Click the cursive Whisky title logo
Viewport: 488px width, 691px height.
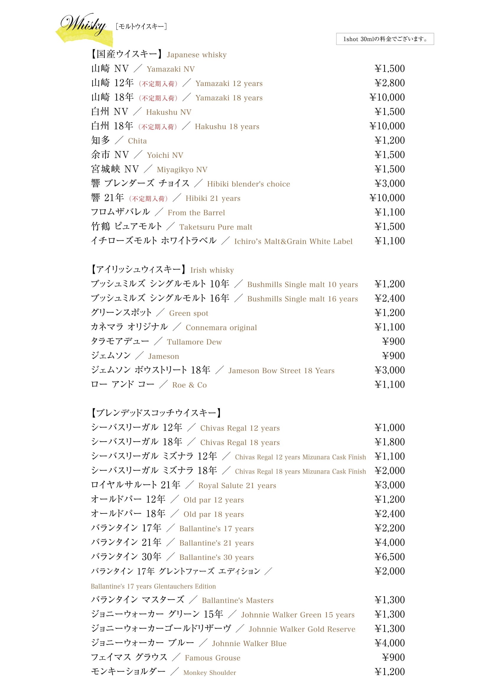tap(84, 25)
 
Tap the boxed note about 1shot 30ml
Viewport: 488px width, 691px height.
tap(385, 39)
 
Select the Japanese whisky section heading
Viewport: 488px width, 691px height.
tap(159, 54)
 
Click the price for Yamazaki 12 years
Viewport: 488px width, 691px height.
tap(389, 83)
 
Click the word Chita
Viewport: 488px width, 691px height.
tap(137, 141)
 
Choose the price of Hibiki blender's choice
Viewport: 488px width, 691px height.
tap(389, 183)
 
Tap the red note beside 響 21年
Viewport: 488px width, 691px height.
tap(148, 199)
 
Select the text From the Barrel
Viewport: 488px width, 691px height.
tap(196, 213)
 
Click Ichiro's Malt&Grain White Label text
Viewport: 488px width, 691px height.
tap(293, 241)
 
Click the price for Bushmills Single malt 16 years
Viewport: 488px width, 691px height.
tap(389, 299)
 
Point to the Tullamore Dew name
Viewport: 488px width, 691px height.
tap(194, 342)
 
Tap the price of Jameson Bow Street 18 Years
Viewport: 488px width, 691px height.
tap(389, 370)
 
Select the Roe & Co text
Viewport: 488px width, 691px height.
tap(190, 385)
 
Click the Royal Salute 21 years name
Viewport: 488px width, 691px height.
tap(237, 485)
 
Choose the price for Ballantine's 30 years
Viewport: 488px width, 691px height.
tap(389, 557)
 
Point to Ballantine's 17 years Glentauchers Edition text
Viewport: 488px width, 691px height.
tap(153, 586)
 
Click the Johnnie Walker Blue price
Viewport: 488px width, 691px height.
tap(389, 643)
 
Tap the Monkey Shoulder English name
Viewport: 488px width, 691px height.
tap(210, 673)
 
